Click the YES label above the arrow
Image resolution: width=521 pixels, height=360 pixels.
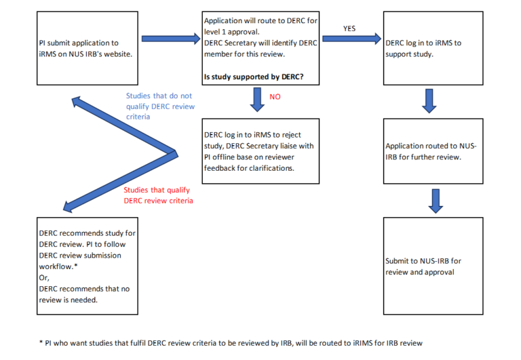pos(349,28)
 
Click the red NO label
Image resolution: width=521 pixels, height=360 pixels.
pos(275,97)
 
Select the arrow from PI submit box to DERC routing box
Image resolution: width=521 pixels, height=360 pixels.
pos(171,39)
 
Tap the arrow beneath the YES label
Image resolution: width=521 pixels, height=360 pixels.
pos(352,39)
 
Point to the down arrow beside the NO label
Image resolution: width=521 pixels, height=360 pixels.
pos(257,99)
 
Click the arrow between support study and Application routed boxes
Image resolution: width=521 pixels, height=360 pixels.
pos(429,101)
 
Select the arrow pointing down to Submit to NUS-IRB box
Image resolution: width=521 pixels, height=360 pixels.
pos(436,201)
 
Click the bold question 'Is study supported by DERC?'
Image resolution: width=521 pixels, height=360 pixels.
pos(254,77)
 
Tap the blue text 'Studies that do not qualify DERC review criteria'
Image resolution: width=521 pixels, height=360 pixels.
pos(160,106)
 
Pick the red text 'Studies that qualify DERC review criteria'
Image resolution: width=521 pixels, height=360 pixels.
pos(158,195)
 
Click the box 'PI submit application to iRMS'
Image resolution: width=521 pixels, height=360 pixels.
pos(88,48)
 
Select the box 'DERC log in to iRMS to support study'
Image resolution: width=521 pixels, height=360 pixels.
pos(433,48)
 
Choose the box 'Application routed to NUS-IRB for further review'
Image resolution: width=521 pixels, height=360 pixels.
pos(433,151)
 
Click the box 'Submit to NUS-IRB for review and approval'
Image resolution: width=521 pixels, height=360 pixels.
pos(433,266)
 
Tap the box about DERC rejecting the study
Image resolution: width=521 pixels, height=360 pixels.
pos(260,151)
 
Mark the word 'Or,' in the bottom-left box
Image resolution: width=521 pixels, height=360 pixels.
pos(44,278)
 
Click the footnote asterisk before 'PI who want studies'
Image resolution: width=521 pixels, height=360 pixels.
pos(41,342)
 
